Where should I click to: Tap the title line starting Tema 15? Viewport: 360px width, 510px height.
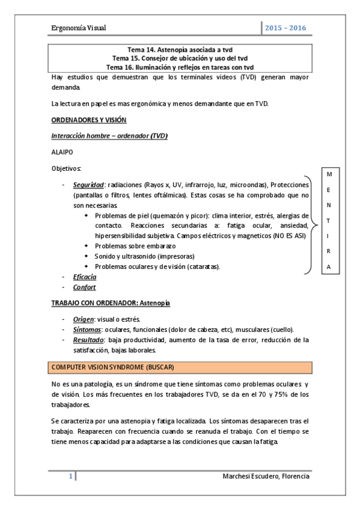[x=180, y=58]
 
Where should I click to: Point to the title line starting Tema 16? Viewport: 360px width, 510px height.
[x=180, y=67]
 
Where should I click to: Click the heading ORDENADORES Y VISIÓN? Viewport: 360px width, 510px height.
[x=88, y=120]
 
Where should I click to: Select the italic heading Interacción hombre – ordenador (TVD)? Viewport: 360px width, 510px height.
[x=109, y=136]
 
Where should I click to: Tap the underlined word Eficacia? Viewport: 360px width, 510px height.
[x=84, y=277]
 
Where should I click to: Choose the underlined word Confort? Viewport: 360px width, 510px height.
[x=84, y=287]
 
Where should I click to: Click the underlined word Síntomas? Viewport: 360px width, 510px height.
[x=85, y=330]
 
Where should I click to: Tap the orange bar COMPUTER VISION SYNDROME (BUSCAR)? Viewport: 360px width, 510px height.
[x=180, y=367]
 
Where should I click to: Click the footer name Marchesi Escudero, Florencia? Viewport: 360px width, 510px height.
[x=266, y=476]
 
